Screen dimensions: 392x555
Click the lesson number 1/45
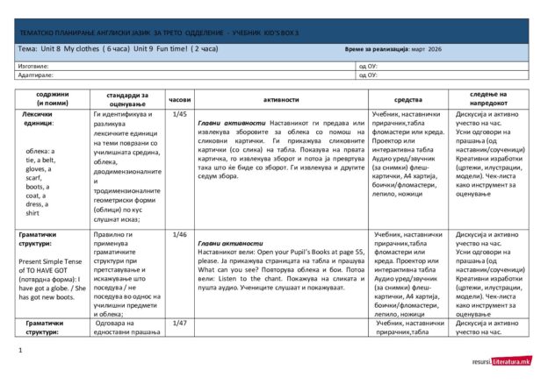(180, 115)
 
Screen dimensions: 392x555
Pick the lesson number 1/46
(180, 235)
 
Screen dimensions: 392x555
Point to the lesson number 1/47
(180, 324)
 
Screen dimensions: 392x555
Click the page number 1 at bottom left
(19, 351)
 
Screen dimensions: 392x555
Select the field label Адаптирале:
(36, 75)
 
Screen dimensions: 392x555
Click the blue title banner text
(158, 32)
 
